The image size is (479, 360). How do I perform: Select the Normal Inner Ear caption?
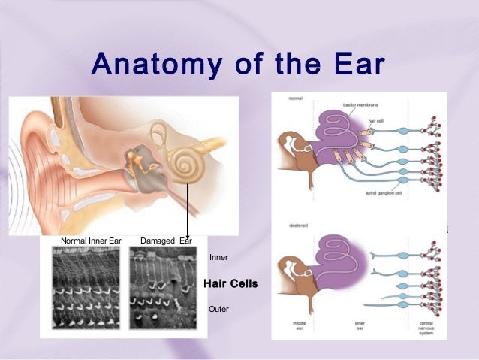(90, 241)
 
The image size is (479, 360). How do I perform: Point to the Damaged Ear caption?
(166, 241)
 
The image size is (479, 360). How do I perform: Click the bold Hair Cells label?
(230, 283)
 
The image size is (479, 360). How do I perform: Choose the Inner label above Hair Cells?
(218, 258)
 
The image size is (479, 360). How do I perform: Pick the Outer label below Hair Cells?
(218, 309)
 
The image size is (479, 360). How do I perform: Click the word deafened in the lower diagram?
(299, 225)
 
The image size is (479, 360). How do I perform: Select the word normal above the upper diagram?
(295, 98)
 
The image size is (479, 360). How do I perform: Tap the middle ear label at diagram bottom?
(298, 325)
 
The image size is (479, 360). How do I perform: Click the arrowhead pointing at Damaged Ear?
(186, 235)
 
